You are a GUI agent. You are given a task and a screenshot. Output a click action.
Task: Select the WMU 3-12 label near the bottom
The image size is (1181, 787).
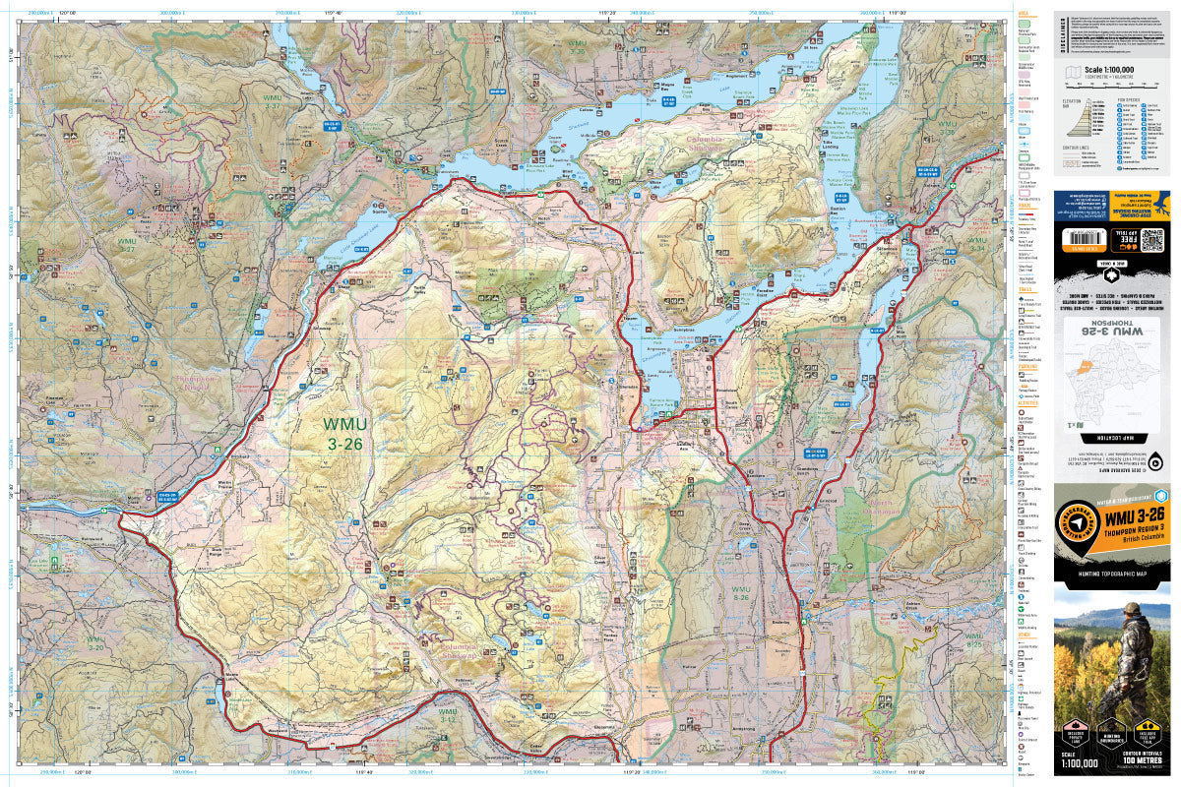pyautogui.click(x=448, y=715)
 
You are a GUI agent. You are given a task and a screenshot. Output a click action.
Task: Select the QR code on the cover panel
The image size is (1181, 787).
pyautogui.click(x=1151, y=238)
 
